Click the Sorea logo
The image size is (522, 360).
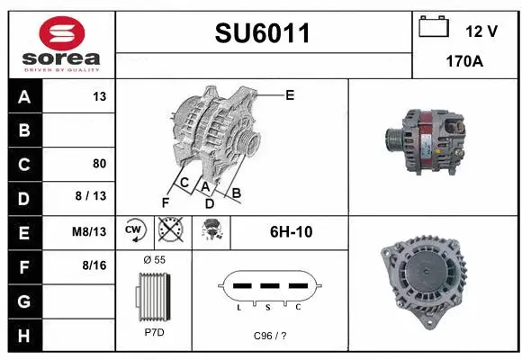coord(60,44)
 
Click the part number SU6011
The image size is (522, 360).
coord(263,34)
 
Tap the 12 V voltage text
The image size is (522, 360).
coord(481,31)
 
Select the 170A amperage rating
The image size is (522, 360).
coord(465,64)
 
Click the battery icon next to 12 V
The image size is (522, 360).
coord(435,28)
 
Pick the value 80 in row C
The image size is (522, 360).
coord(99,164)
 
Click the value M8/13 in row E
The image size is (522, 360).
coord(90,231)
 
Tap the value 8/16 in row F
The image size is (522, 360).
coord(94,265)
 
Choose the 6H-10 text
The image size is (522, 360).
coord(291,231)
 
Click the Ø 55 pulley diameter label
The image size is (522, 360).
coord(154,259)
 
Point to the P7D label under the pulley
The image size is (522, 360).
coord(154,332)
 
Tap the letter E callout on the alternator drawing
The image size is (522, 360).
coord(290,94)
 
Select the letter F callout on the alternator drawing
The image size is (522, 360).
coord(165,201)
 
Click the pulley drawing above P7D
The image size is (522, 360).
coord(154,293)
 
